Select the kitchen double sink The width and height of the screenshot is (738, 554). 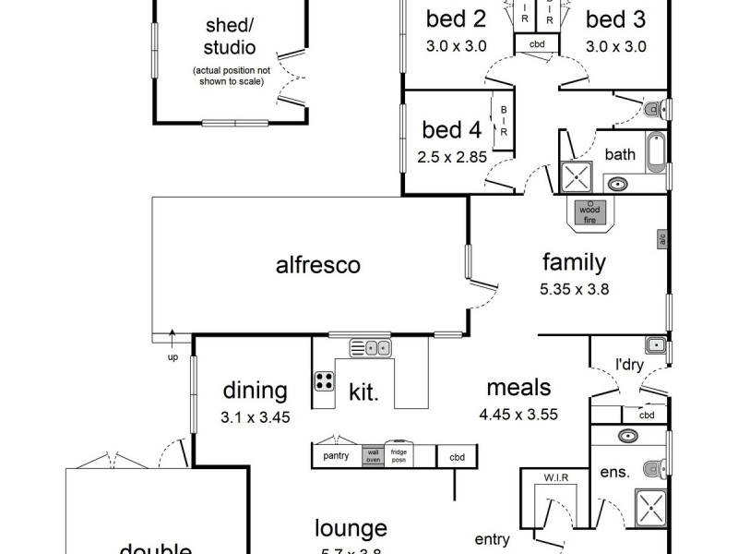pyautogui.click(x=370, y=348)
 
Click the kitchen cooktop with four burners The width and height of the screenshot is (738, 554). pyautogui.click(x=325, y=382)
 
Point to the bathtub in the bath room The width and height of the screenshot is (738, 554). pyautogui.click(x=656, y=153)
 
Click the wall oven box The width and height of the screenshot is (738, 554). pyautogui.click(x=373, y=456)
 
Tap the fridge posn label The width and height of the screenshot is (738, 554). pyautogui.click(x=399, y=456)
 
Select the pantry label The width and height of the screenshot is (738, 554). pyautogui.click(x=336, y=456)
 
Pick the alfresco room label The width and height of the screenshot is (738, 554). pyautogui.click(x=317, y=266)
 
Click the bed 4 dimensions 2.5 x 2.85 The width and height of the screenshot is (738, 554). pyautogui.click(x=451, y=157)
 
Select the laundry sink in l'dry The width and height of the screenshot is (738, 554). pyautogui.click(x=655, y=345)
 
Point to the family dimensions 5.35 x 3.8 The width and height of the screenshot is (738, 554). pyautogui.click(x=573, y=287)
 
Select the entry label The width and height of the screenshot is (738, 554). pyautogui.click(x=493, y=539)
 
